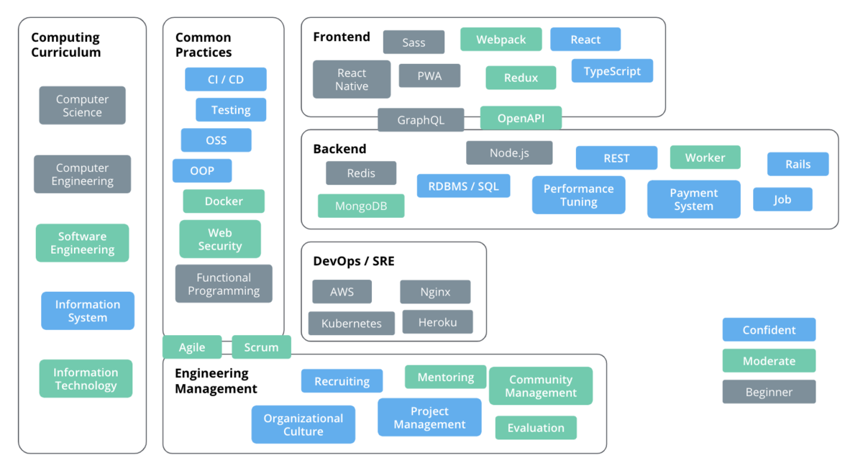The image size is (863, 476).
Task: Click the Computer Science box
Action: click(x=82, y=105)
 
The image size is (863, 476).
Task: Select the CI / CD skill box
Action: click(x=225, y=79)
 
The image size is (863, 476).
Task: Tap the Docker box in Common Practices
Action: click(x=224, y=201)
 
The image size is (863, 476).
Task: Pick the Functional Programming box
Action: click(x=224, y=283)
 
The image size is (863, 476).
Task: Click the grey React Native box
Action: click(x=352, y=79)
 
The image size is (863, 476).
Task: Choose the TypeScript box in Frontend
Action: click(x=612, y=71)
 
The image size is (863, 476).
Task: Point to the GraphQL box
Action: click(x=421, y=120)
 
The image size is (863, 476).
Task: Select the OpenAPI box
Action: click(x=521, y=118)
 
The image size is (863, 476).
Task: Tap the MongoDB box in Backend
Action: click(x=361, y=206)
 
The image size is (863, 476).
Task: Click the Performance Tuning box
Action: click(x=578, y=195)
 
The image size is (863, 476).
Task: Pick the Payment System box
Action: click(x=693, y=199)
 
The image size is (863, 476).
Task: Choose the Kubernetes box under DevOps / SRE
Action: click(x=352, y=323)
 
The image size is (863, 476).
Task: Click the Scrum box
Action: click(x=261, y=347)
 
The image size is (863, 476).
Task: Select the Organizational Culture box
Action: click(x=303, y=424)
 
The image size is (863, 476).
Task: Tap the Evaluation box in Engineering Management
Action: click(x=536, y=428)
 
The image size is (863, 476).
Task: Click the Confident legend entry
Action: click(x=769, y=329)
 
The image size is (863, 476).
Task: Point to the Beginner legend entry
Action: click(x=769, y=392)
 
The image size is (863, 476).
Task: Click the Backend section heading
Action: click(x=339, y=149)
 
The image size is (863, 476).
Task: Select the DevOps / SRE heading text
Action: click(x=354, y=261)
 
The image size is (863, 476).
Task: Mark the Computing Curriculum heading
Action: click(x=66, y=45)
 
